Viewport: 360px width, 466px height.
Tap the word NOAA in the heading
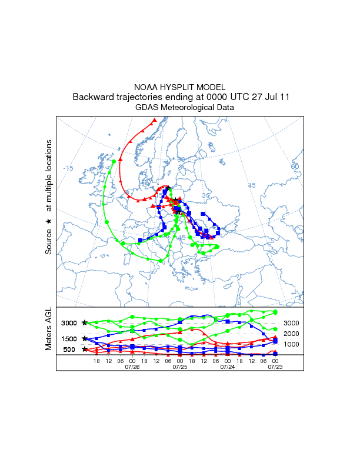[145, 86]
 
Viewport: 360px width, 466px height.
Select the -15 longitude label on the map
[68, 168]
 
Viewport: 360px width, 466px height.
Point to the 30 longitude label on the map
[206, 195]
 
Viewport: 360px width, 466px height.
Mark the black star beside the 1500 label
[85, 338]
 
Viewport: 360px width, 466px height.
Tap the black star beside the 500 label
[85, 349]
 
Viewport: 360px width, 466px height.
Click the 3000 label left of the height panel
[69, 323]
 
